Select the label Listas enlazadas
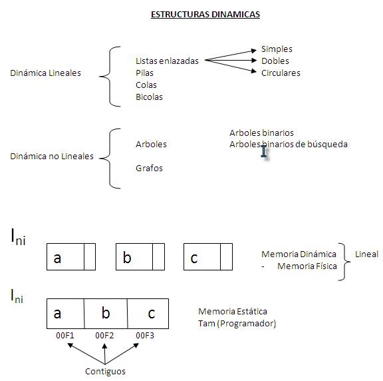pos(167,61)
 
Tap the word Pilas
pos(145,73)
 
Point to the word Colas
pos(146,85)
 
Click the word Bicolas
pos(149,97)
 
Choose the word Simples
pos(277,49)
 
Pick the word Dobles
pos(275,61)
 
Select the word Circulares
pos(281,73)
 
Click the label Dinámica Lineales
pos(45,73)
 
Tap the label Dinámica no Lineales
pos(52,157)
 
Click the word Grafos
pos(149,168)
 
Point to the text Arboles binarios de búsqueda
pos(289,144)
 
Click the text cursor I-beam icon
pos(264,152)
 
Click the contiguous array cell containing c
pos(148,313)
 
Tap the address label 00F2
pos(105,335)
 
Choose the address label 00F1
pos(64,335)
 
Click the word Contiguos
pos(105,371)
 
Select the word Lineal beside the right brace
pos(366,254)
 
